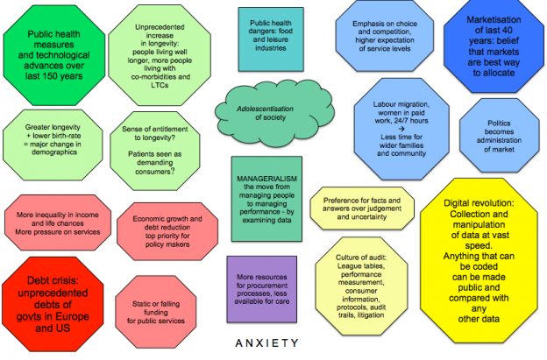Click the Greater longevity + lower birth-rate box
point(48,139)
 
